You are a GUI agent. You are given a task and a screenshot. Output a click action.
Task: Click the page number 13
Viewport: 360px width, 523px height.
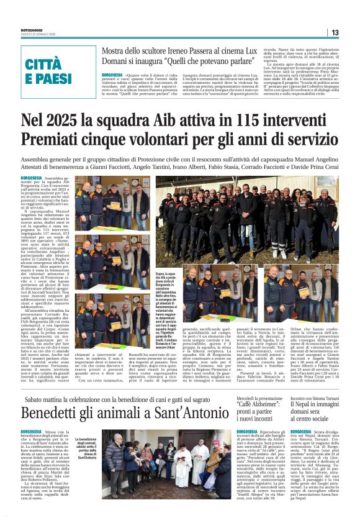(x=335, y=32)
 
